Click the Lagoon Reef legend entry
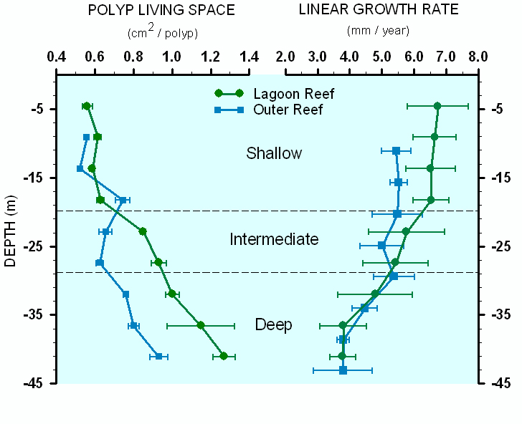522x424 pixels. tap(275, 94)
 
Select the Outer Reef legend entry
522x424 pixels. tap(269, 110)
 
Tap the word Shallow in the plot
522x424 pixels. tap(274, 153)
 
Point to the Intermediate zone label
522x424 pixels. tap(274, 239)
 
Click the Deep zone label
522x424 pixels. tap(274, 324)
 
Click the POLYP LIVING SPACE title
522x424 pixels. tap(161, 10)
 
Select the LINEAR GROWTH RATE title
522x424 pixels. tap(379, 9)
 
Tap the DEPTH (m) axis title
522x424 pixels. tap(10, 231)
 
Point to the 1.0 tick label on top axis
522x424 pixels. tap(172, 57)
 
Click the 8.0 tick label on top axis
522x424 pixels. tap(478, 57)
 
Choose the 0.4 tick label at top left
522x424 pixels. tap(56, 57)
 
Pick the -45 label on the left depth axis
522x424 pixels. tap(34, 383)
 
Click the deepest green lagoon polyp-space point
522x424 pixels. tap(224, 356)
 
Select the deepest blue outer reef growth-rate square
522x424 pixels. tap(343, 370)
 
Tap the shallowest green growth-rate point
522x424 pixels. tap(437, 106)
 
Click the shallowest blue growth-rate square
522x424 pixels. tap(396, 151)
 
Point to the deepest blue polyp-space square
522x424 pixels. tap(158, 356)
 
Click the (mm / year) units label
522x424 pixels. tap(378, 31)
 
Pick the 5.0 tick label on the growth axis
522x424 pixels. tap(382, 57)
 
